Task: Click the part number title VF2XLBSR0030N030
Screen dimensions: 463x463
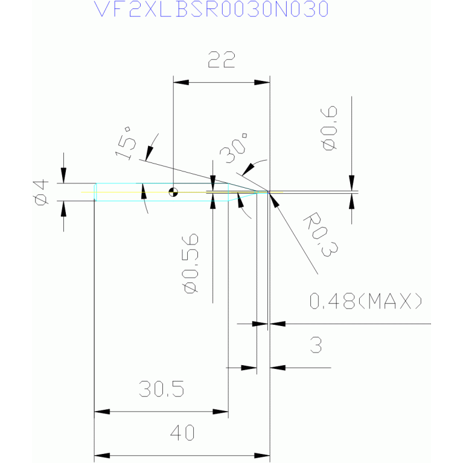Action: tap(211, 9)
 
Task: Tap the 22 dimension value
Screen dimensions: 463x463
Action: tap(222, 60)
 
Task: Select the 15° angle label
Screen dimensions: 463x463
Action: tap(126, 144)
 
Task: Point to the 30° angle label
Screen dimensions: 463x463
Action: tap(233, 148)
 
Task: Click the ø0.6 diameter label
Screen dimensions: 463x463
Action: tap(329, 128)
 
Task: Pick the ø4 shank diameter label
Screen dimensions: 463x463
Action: tap(41, 192)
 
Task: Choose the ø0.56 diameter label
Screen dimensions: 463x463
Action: tap(190, 263)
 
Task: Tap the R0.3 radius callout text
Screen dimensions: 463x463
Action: tap(321, 234)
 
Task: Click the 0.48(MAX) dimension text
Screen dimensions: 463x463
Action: tap(366, 301)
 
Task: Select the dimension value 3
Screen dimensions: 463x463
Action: tap(316, 345)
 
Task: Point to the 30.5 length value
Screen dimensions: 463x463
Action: tap(161, 388)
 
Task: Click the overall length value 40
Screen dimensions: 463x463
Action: tap(182, 433)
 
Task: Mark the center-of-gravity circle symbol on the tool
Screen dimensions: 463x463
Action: tap(173, 192)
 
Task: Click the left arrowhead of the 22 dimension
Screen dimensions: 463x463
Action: tap(181, 82)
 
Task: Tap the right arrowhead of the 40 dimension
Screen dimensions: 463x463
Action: tap(262, 456)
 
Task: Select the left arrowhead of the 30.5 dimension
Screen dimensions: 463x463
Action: tap(102, 412)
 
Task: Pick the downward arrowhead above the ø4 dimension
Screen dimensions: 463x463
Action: tap(63, 176)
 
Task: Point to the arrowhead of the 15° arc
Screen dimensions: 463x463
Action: tap(149, 153)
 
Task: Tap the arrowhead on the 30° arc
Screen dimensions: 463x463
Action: tap(248, 170)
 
